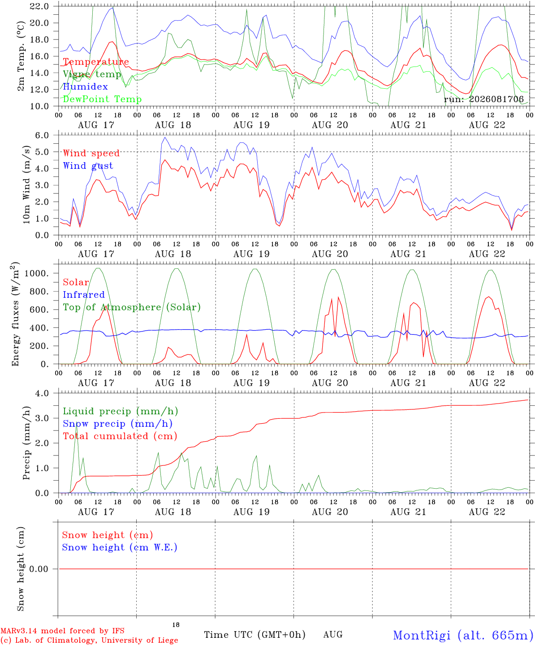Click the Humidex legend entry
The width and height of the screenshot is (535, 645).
[85, 86]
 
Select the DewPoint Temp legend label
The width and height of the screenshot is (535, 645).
[102, 99]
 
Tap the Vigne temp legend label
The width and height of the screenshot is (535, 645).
[92, 74]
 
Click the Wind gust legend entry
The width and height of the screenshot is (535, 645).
[88, 166]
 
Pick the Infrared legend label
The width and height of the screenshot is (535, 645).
[84, 295]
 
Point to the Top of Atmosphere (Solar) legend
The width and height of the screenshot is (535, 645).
[132, 307]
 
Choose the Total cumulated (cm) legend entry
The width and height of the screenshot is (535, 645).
[120, 436]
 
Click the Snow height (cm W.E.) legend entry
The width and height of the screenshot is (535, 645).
[120, 547]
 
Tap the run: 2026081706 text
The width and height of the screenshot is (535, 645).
[483, 99]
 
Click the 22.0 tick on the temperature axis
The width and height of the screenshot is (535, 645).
[39, 6]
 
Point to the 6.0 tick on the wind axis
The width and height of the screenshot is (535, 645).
[42, 135]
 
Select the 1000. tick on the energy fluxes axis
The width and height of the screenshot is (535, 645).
[37, 273]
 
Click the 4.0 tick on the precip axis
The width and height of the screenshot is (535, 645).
[42, 393]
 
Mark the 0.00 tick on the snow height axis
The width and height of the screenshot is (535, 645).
[39, 569]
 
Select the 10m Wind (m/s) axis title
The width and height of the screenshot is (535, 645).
[26, 185]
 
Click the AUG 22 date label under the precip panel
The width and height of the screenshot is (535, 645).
[487, 512]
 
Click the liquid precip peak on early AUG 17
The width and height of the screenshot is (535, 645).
[76, 426]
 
